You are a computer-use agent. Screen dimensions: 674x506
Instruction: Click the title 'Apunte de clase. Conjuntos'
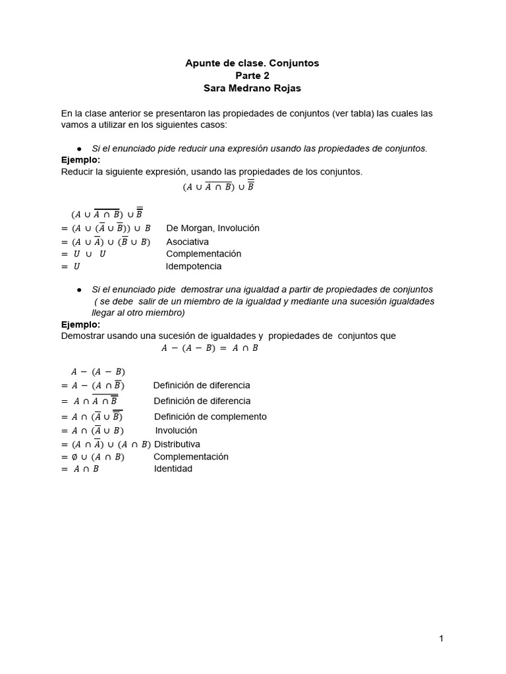point(253,63)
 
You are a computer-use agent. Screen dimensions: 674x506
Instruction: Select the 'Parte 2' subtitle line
point(253,76)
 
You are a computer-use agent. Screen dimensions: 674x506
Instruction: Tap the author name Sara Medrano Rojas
point(253,88)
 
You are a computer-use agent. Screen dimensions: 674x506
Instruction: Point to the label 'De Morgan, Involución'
point(213,228)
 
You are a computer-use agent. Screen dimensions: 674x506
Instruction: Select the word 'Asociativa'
point(187,242)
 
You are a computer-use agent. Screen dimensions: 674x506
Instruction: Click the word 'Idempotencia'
point(194,267)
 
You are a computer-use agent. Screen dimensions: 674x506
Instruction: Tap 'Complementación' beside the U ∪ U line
point(204,253)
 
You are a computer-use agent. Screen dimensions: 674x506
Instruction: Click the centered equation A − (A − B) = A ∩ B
point(210,348)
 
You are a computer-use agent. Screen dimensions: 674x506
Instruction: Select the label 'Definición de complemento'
point(210,417)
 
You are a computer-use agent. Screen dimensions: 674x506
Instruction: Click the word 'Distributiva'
point(177,444)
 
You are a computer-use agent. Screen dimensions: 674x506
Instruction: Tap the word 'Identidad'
point(173,469)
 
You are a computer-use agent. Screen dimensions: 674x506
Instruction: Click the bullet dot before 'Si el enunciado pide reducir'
point(79,149)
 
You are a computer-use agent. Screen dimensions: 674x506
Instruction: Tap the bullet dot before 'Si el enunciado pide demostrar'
point(79,290)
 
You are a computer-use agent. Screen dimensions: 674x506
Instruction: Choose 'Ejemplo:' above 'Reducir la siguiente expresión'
point(80,160)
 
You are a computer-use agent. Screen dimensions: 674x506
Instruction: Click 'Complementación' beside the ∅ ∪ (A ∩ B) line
point(191,456)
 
